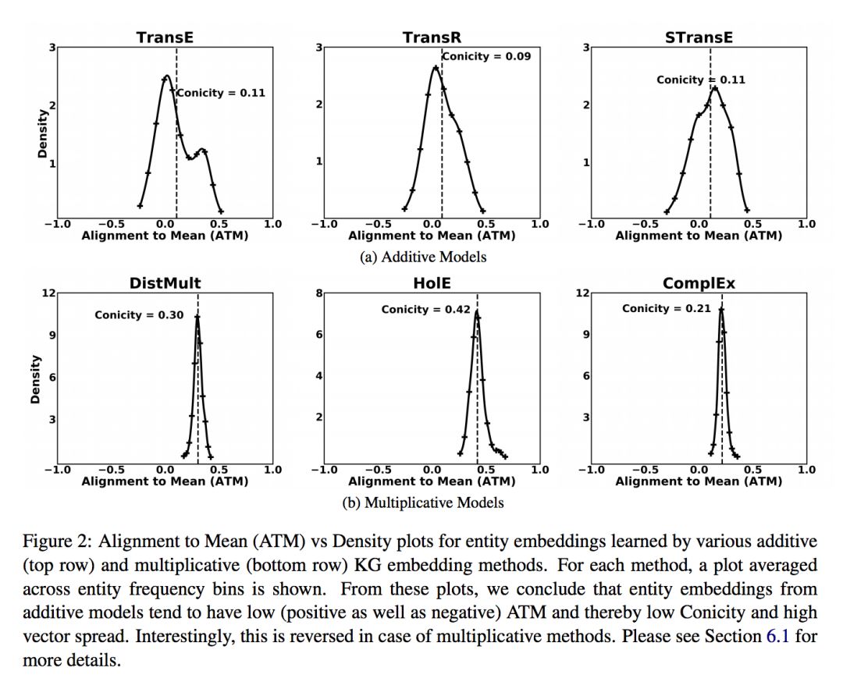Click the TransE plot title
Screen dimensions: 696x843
click(x=165, y=37)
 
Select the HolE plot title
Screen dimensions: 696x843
click(x=432, y=283)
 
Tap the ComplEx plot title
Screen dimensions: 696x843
click(x=699, y=283)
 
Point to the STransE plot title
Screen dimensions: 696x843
click(x=699, y=37)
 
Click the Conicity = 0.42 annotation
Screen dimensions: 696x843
click(x=425, y=310)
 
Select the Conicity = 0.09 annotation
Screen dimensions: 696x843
click(x=486, y=56)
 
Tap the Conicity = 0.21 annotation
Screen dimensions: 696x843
click(x=666, y=308)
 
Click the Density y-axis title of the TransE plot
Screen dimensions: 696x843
click(x=42, y=133)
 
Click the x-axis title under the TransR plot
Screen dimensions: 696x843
click(x=432, y=236)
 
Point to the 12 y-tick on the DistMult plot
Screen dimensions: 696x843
click(x=48, y=293)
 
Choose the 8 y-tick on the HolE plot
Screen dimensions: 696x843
click(x=318, y=293)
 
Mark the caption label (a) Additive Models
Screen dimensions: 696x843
click(x=423, y=257)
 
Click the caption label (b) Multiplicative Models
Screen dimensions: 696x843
click(x=423, y=502)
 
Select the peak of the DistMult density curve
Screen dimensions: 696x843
click(x=197, y=316)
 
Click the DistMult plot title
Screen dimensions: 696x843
click(x=165, y=283)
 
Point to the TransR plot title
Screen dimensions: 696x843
click(x=432, y=37)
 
